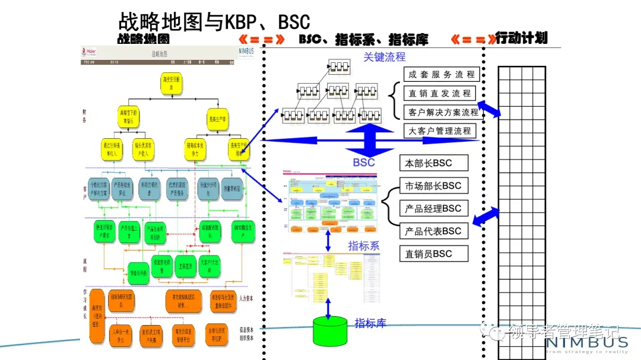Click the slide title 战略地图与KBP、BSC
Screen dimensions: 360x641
point(214,21)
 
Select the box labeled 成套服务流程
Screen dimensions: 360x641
point(442,75)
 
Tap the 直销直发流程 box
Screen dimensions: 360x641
point(440,93)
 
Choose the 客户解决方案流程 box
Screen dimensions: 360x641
point(443,112)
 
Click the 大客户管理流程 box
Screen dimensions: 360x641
point(440,130)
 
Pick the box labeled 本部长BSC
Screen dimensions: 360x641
point(433,163)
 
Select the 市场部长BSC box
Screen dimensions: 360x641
point(433,186)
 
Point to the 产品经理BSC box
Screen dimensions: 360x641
point(433,208)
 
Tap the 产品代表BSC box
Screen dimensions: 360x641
point(433,231)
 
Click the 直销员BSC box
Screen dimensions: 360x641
point(433,253)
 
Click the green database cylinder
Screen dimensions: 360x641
point(330,330)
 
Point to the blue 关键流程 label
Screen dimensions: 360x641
point(385,57)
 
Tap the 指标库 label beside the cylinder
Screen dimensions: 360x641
point(370,323)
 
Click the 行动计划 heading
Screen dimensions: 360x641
point(521,38)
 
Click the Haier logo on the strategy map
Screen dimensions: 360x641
point(89,52)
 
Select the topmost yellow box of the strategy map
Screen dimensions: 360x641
point(172,84)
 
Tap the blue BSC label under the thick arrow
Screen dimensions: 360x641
point(364,162)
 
